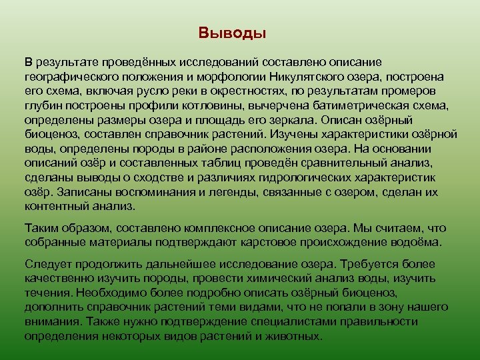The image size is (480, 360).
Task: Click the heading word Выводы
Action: point(232,33)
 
